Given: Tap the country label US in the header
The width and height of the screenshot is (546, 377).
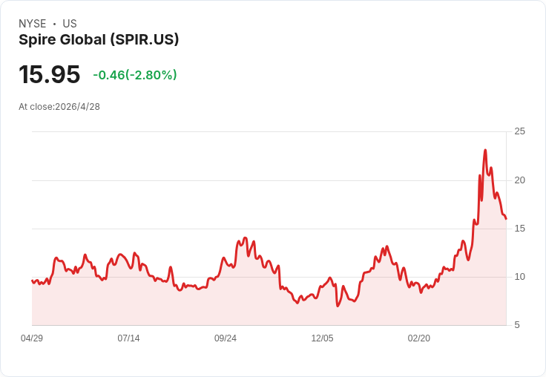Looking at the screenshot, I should (x=70, y=24).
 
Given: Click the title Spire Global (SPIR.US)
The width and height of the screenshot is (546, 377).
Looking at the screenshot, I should (x=99, y=39).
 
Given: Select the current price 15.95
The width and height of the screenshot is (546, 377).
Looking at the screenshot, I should (x=49, y=74).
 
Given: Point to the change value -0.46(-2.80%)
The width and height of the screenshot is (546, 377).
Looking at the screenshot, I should (x=134, y=75).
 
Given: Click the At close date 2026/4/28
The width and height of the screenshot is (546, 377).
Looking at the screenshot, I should (x=77, y=106).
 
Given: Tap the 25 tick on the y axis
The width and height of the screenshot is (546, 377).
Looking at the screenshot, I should (x=520, y=131).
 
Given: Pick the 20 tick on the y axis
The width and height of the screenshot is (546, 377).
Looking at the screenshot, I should (x=520, y=180).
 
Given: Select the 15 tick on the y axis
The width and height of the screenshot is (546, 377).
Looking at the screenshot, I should (x=520, y=228).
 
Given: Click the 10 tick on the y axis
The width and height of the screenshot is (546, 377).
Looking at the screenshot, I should (x=520, y=276).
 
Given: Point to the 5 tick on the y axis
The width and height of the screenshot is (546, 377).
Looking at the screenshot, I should (x=518, y=324).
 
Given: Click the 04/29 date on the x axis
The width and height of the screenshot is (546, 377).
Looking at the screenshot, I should (x=32, y=338).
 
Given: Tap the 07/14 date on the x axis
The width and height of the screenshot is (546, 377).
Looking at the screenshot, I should (x=128, y=338).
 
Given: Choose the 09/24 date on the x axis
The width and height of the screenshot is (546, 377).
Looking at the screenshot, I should (x=226, y=338).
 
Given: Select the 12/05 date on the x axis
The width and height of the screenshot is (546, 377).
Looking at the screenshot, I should (x=322, y=338).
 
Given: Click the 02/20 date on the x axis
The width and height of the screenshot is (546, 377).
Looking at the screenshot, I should (x=419, y=338).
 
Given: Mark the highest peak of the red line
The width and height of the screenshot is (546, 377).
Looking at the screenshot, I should (x=485, y=150).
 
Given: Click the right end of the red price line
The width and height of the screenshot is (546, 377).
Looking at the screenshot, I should (x=506, y=219).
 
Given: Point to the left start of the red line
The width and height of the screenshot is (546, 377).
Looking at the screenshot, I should (x=32, y=281).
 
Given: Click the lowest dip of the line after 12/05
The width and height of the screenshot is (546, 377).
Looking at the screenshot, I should (x=338, y=306).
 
